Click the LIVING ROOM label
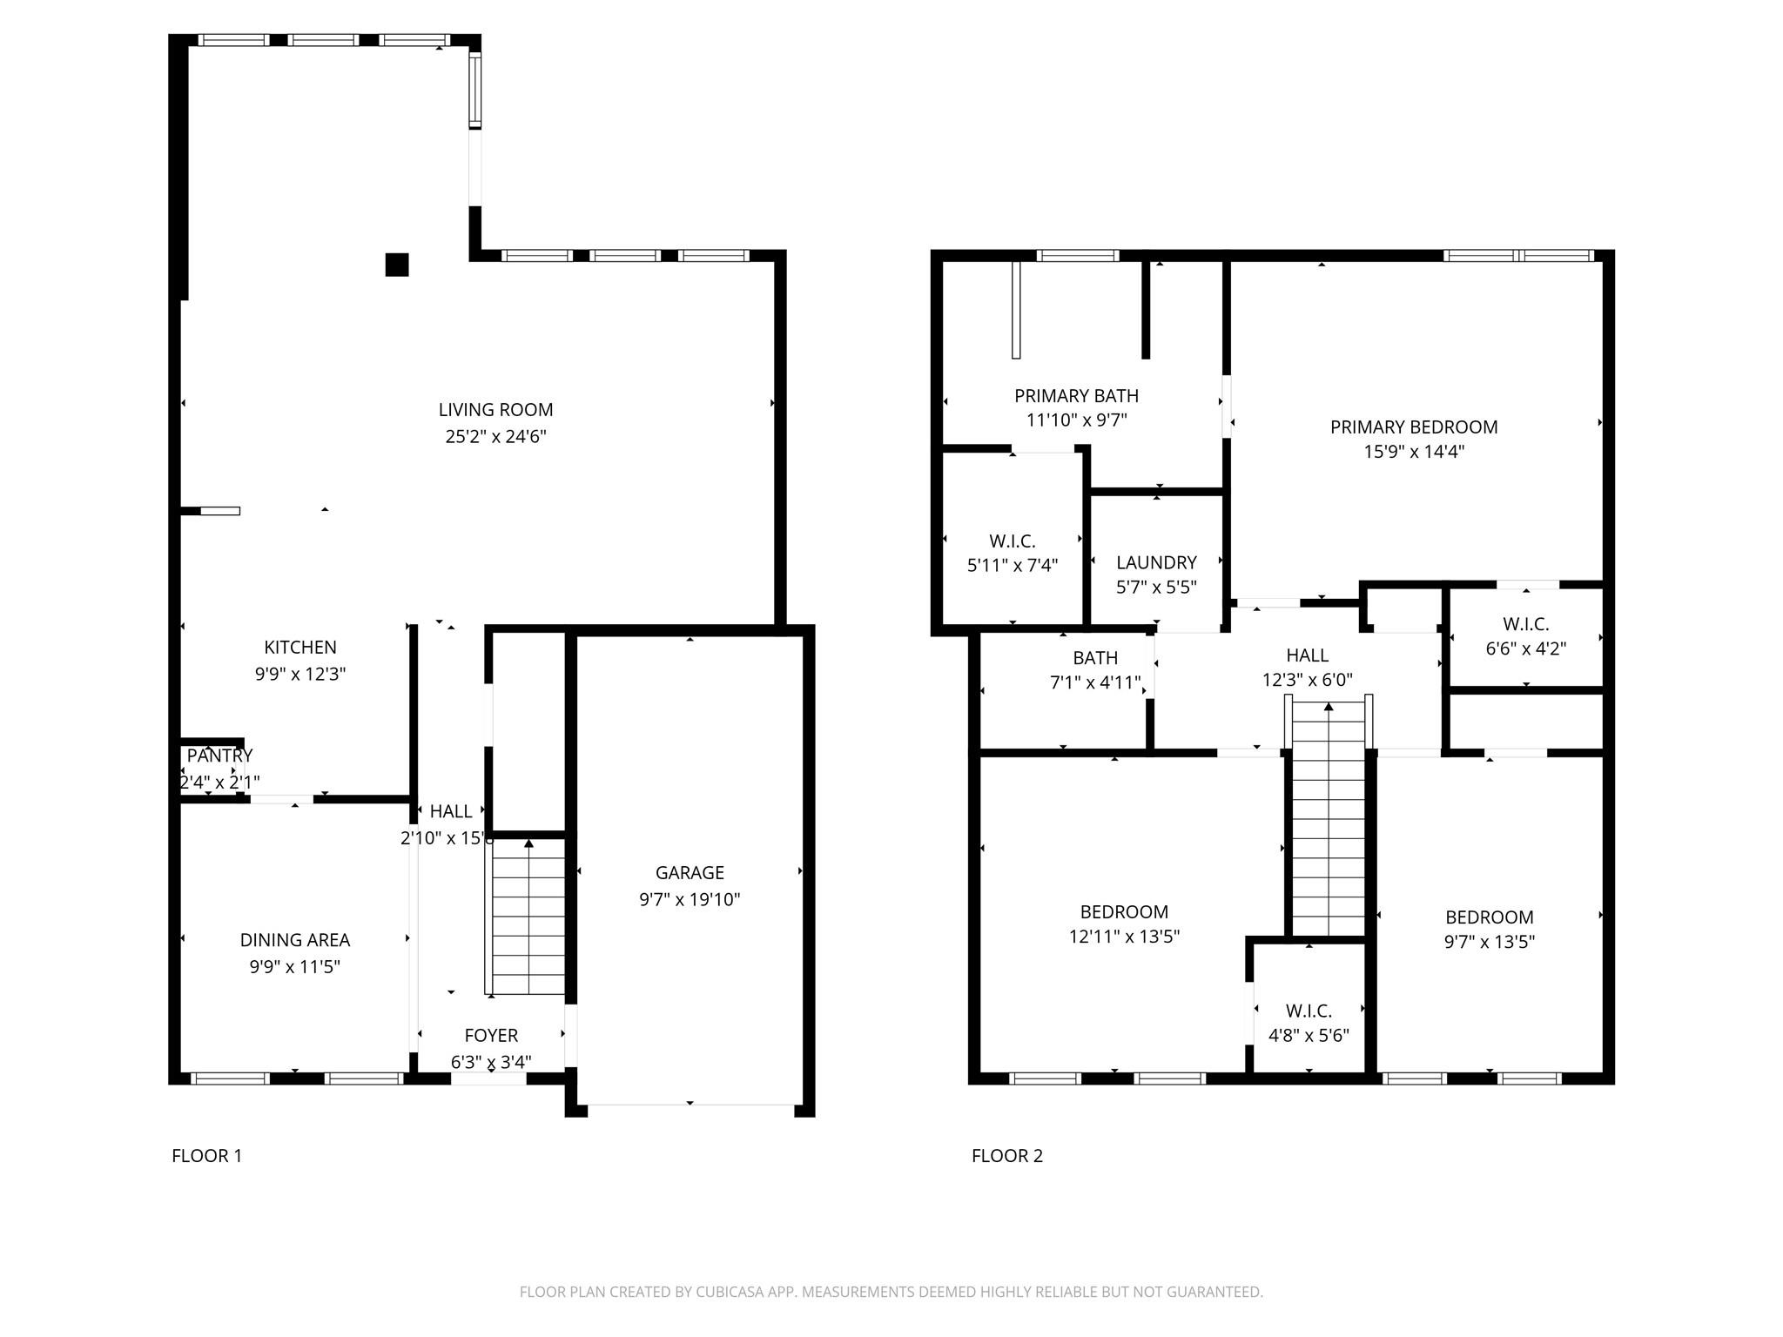[495, 410]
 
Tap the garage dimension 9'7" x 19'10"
[690, 899]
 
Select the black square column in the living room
[397, 265]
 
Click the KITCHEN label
[300, 648]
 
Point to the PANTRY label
[219, 756]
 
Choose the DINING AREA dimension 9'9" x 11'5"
[294, 966]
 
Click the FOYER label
[491, 1036]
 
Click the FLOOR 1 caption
[207, 1156]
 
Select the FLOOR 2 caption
[1007, 1156]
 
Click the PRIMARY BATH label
[1076, 396]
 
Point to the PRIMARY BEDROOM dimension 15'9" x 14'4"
[1414, 452]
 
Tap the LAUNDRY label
[1156, 563]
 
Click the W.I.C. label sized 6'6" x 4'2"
[1525, 625]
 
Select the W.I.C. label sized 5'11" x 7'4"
[1013, 541]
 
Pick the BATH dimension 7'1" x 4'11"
[1095, 682]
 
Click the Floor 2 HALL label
[1308, 655]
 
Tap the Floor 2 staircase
[1329, 818]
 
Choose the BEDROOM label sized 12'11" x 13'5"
[1124, 912]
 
